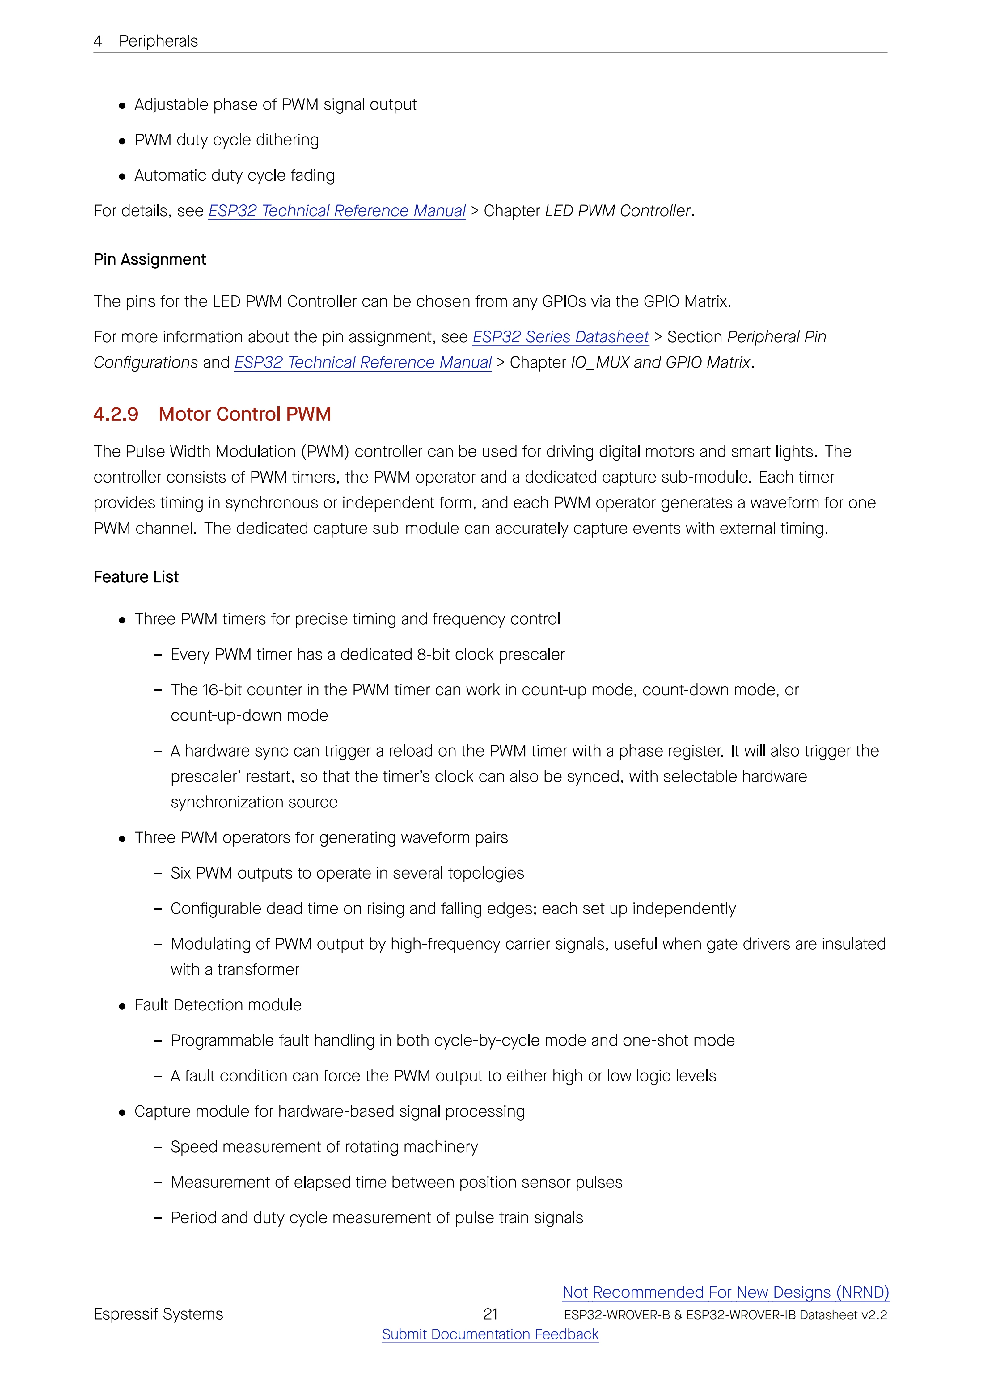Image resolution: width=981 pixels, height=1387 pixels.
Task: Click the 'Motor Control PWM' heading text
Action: (x=245, y=415)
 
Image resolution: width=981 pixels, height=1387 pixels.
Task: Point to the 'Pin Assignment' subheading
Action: (x=150, y=260)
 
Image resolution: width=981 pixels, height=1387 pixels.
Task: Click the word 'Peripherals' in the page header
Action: (x=158, y=41)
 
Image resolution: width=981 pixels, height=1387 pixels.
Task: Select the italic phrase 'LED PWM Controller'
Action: (x=617, y=211)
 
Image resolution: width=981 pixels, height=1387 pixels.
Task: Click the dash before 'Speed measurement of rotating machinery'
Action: (x=158, y=1147)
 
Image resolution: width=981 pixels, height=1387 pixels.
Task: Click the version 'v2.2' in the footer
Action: (x=874, y=1315)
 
